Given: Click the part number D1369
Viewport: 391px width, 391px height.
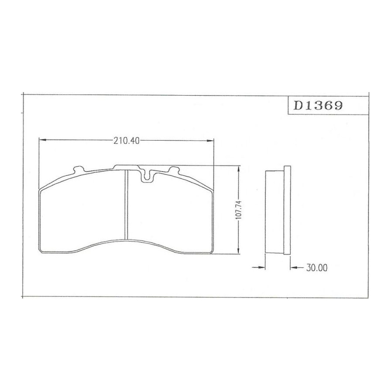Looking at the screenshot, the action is (318, 106).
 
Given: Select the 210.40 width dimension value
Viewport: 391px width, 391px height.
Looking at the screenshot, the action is (127, 141).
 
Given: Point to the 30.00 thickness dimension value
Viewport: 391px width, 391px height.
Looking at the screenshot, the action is (317, 268).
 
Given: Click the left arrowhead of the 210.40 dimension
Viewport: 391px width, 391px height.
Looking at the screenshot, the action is (43, 141).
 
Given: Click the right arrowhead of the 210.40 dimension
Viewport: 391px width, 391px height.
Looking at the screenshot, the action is (210, 141).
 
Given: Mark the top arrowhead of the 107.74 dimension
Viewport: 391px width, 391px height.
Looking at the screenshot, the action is (239, 169).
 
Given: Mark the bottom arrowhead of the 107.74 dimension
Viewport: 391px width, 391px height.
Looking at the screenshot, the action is (239, 250).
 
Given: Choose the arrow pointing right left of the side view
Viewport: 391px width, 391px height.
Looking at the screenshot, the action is (258, 268).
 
